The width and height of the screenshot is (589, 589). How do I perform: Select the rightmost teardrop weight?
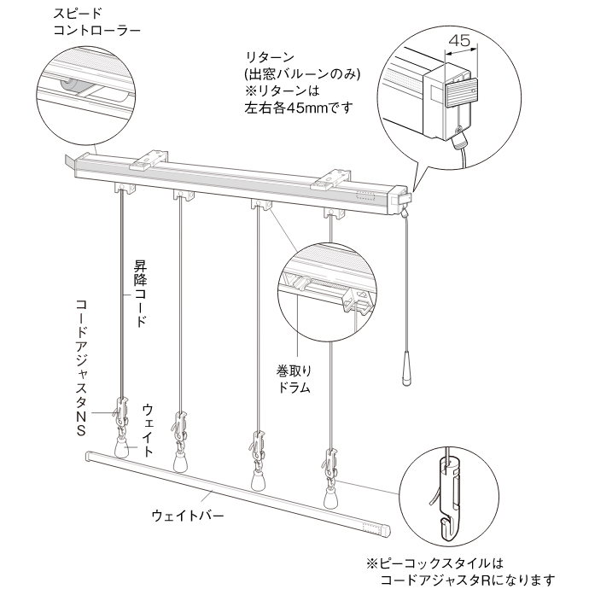point(331,493)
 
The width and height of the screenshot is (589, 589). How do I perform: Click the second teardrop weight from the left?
point(181,462)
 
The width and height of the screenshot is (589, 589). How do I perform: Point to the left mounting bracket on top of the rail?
point(152,159)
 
